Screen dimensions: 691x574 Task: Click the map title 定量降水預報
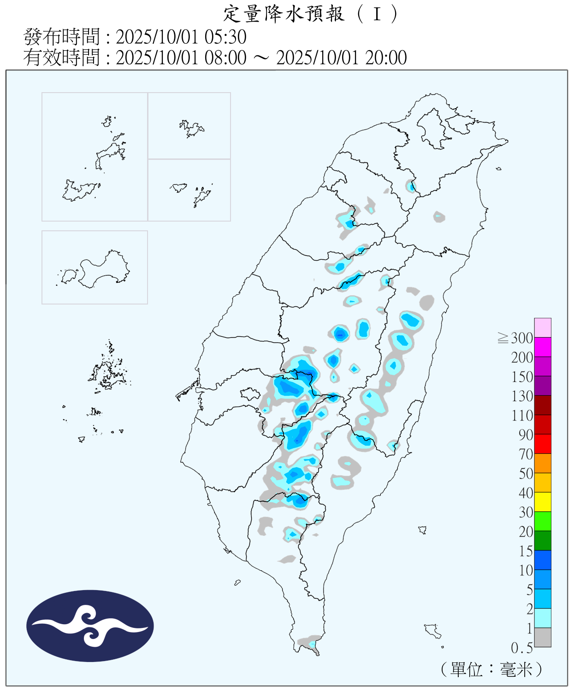click(284, 14)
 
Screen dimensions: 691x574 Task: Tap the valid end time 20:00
click(386, 58)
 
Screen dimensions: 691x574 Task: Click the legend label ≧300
click(515, 338)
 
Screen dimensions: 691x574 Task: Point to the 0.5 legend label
click(521, 648)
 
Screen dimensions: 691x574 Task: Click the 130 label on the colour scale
click(522, 396)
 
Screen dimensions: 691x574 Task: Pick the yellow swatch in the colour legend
click(543, 502)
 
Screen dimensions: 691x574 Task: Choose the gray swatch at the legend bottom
click(543, 637)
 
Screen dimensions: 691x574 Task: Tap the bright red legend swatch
click(543, 444)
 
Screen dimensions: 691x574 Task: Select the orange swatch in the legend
click(543, 463)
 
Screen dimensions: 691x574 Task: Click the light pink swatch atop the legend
click(543, 328)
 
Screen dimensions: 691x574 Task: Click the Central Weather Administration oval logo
click(90, 626)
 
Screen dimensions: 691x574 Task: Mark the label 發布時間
click(61, 37)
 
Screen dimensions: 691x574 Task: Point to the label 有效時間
click(61, 58)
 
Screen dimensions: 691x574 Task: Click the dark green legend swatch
click(543, 540)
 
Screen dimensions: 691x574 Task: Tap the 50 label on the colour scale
click(526, 474)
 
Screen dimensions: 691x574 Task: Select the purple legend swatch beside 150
click(543, 386)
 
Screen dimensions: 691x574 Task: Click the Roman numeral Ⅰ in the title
click(377, 14)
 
